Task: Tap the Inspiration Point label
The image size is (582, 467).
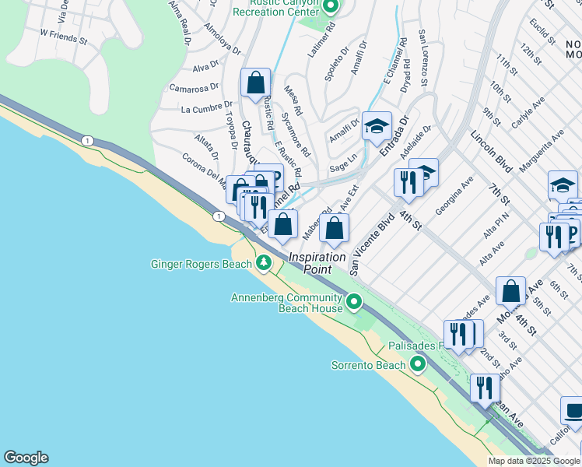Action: (317, 262)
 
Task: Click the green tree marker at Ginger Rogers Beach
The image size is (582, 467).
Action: (264, 265)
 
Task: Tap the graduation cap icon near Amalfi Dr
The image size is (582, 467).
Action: (377, 127)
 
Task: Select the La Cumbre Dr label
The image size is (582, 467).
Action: (206, 108)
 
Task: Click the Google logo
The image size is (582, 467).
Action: (26, 458)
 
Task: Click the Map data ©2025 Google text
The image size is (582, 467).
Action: (534, 461)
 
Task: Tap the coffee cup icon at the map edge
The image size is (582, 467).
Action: (573, 410)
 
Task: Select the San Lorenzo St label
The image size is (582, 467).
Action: (423, 58)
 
